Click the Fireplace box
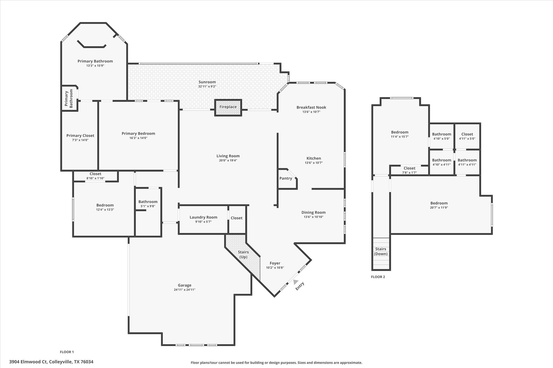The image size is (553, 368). point(228,107)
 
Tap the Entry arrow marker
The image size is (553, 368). point(296,282)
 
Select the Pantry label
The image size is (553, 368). point(286,178)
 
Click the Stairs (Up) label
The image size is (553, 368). point(243,254)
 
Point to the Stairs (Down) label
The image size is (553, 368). point(380,251)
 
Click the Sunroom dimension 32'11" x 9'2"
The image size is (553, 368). point(207,87)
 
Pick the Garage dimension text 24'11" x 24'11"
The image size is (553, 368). point(184,290)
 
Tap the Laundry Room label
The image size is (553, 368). point(203,217)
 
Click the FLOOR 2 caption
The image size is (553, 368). point(378,277)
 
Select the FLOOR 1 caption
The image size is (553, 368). point(67,352)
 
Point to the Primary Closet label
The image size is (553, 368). point(80,136)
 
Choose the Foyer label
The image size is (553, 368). point(275,263)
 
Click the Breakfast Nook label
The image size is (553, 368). point(311,107)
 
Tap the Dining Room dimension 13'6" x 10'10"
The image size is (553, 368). point(313,217)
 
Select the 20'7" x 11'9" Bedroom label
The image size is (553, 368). point(439,203)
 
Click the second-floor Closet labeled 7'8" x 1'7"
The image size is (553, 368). point(409,168)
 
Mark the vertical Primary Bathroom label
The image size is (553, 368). point(69,98)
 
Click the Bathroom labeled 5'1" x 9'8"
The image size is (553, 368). point(148,202)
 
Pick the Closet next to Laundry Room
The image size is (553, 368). point(237,218)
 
